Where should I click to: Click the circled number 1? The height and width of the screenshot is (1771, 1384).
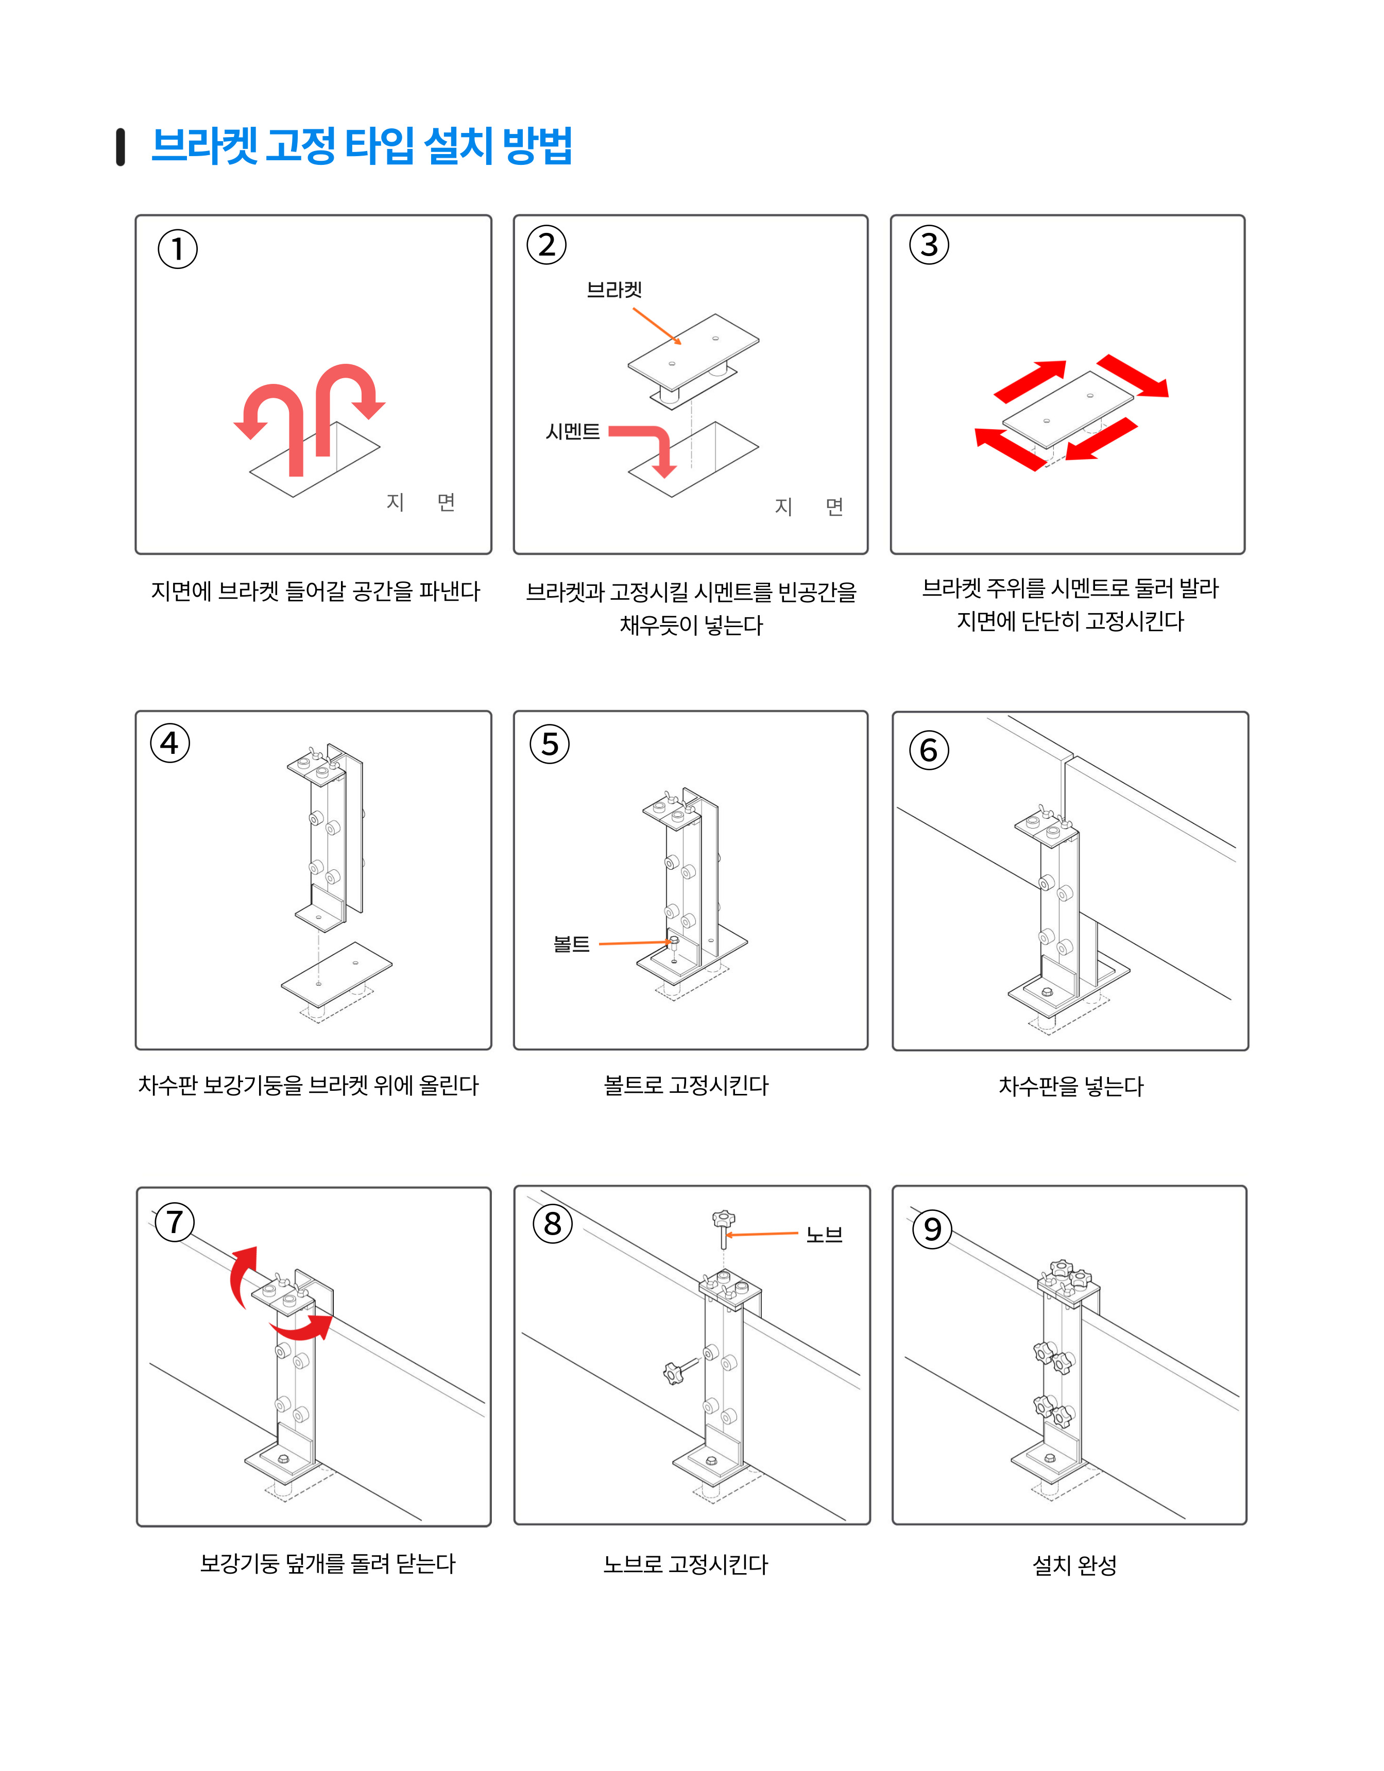(178, 249)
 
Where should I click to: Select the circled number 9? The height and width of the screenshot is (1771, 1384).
(932, 1228)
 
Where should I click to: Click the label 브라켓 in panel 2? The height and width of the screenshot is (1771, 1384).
(614, 290)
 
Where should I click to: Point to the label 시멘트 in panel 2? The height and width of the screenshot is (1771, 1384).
(573, 431)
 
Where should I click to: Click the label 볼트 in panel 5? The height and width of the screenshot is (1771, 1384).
(572, 944)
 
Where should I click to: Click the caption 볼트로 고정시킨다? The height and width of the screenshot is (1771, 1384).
(686, 1085)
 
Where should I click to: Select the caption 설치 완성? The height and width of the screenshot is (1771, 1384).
(1074, 1564)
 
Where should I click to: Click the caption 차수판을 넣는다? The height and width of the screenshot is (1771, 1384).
(1071, 1086)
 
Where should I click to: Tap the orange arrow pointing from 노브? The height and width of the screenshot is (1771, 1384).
(762, 1234)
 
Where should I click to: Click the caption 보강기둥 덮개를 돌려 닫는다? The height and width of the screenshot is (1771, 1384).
(328, 1563)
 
